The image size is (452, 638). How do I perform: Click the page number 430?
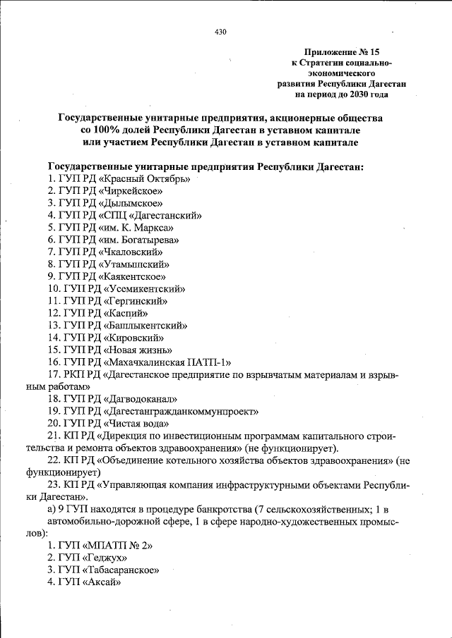(x=220, y=31)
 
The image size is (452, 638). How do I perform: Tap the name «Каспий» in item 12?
(x=126, y=312)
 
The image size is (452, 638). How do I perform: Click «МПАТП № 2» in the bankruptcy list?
(x=116, y=546)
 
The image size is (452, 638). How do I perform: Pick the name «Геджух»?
(x=104, y=558)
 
